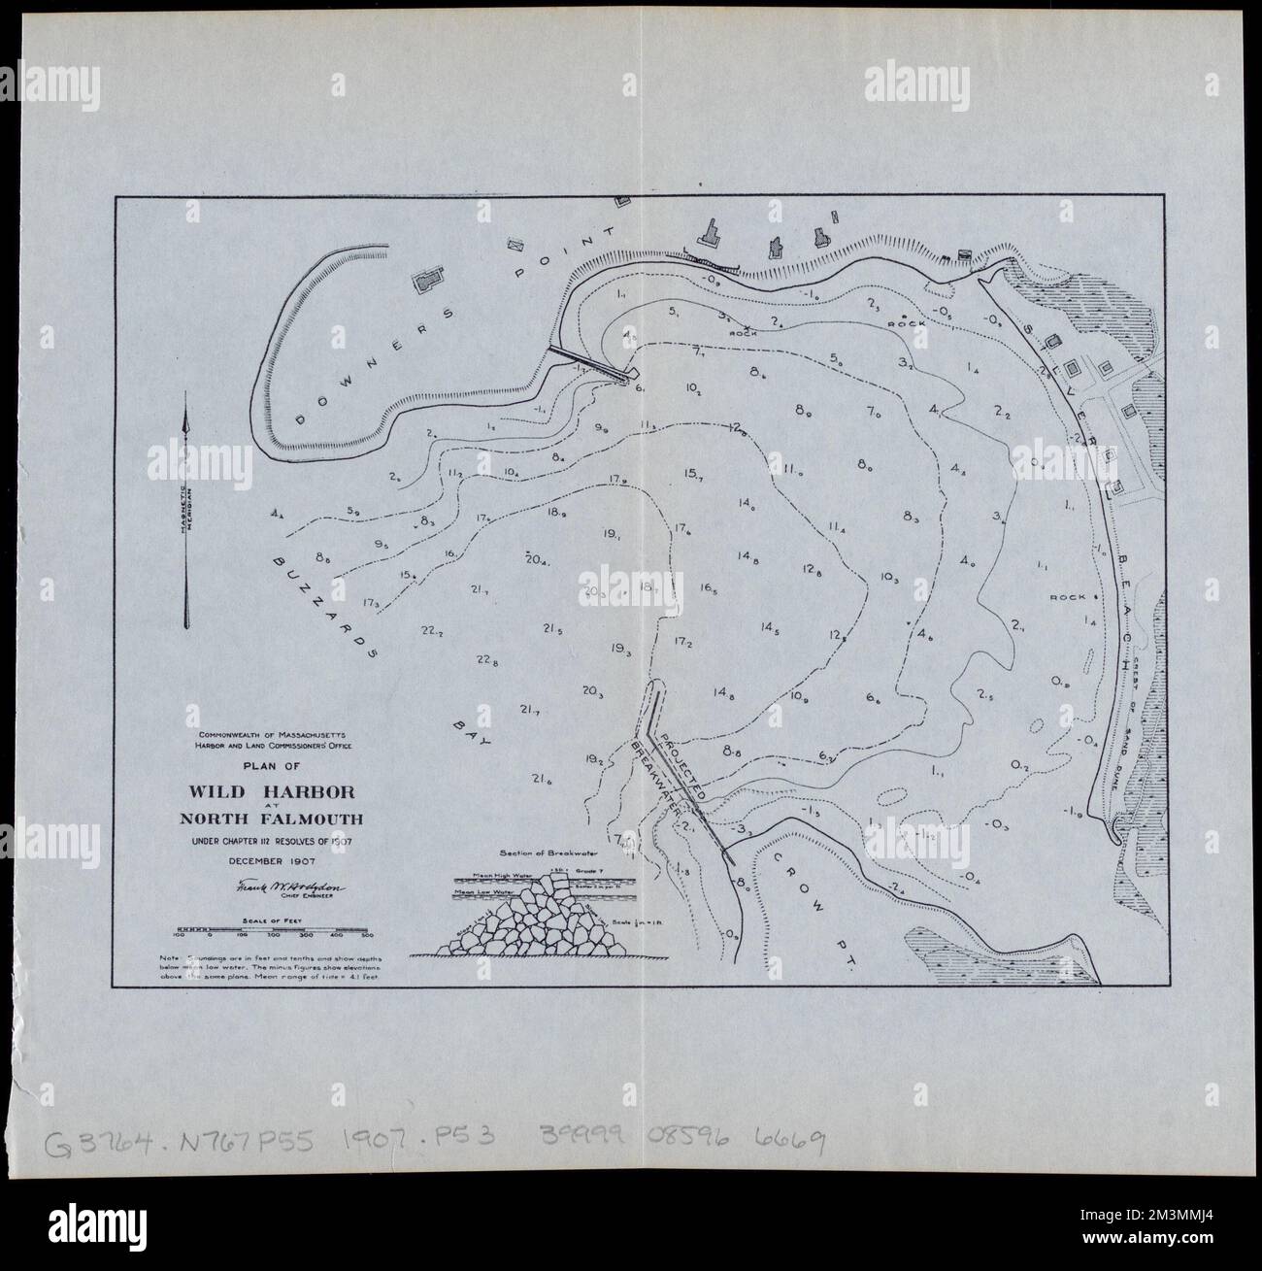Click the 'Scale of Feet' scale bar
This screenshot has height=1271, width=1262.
pos(273,931)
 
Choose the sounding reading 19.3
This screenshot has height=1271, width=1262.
pos(622,649)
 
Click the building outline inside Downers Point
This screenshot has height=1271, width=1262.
pos(426,282)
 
